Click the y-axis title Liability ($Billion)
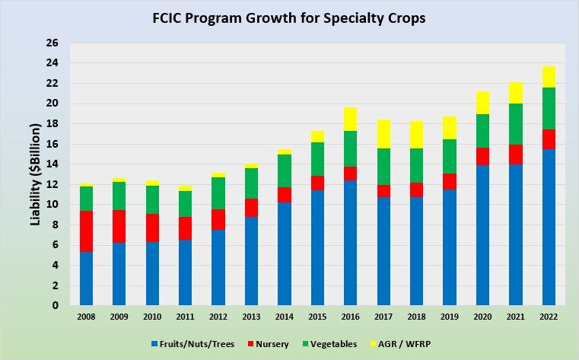click(35, 174)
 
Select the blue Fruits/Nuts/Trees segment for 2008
click(86, 279)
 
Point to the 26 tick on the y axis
click(54, 43)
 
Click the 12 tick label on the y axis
click(54, 184)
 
